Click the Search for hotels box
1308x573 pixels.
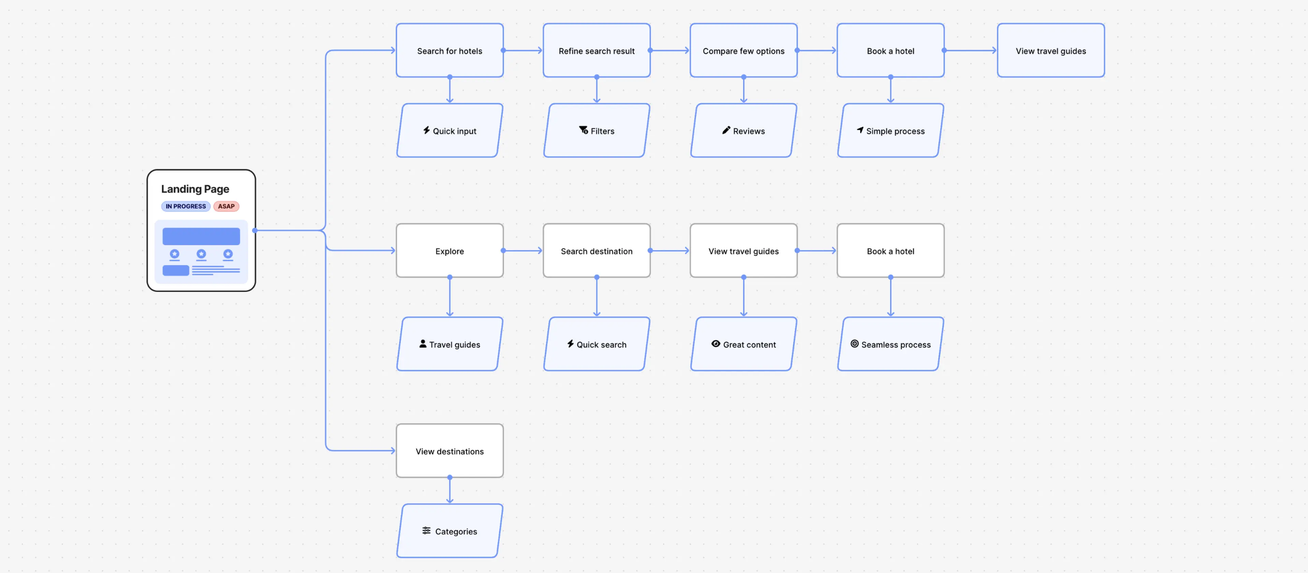point(449,51)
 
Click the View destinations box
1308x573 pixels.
point(449,451)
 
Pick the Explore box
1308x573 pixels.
point(449,251)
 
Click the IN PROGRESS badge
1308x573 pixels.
point(186,206)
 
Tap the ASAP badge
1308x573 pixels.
point(226,206)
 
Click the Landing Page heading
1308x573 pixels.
point(195,189)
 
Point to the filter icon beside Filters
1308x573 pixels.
point(583,131)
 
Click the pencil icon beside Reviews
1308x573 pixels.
point(726,131)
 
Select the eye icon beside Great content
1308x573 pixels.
point(715,344)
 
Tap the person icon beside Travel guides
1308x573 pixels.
point(422,344)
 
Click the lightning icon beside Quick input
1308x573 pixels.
point(426,131)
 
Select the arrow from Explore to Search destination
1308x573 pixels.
point(523,251)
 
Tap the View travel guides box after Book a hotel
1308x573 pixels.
point(1050,51)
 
